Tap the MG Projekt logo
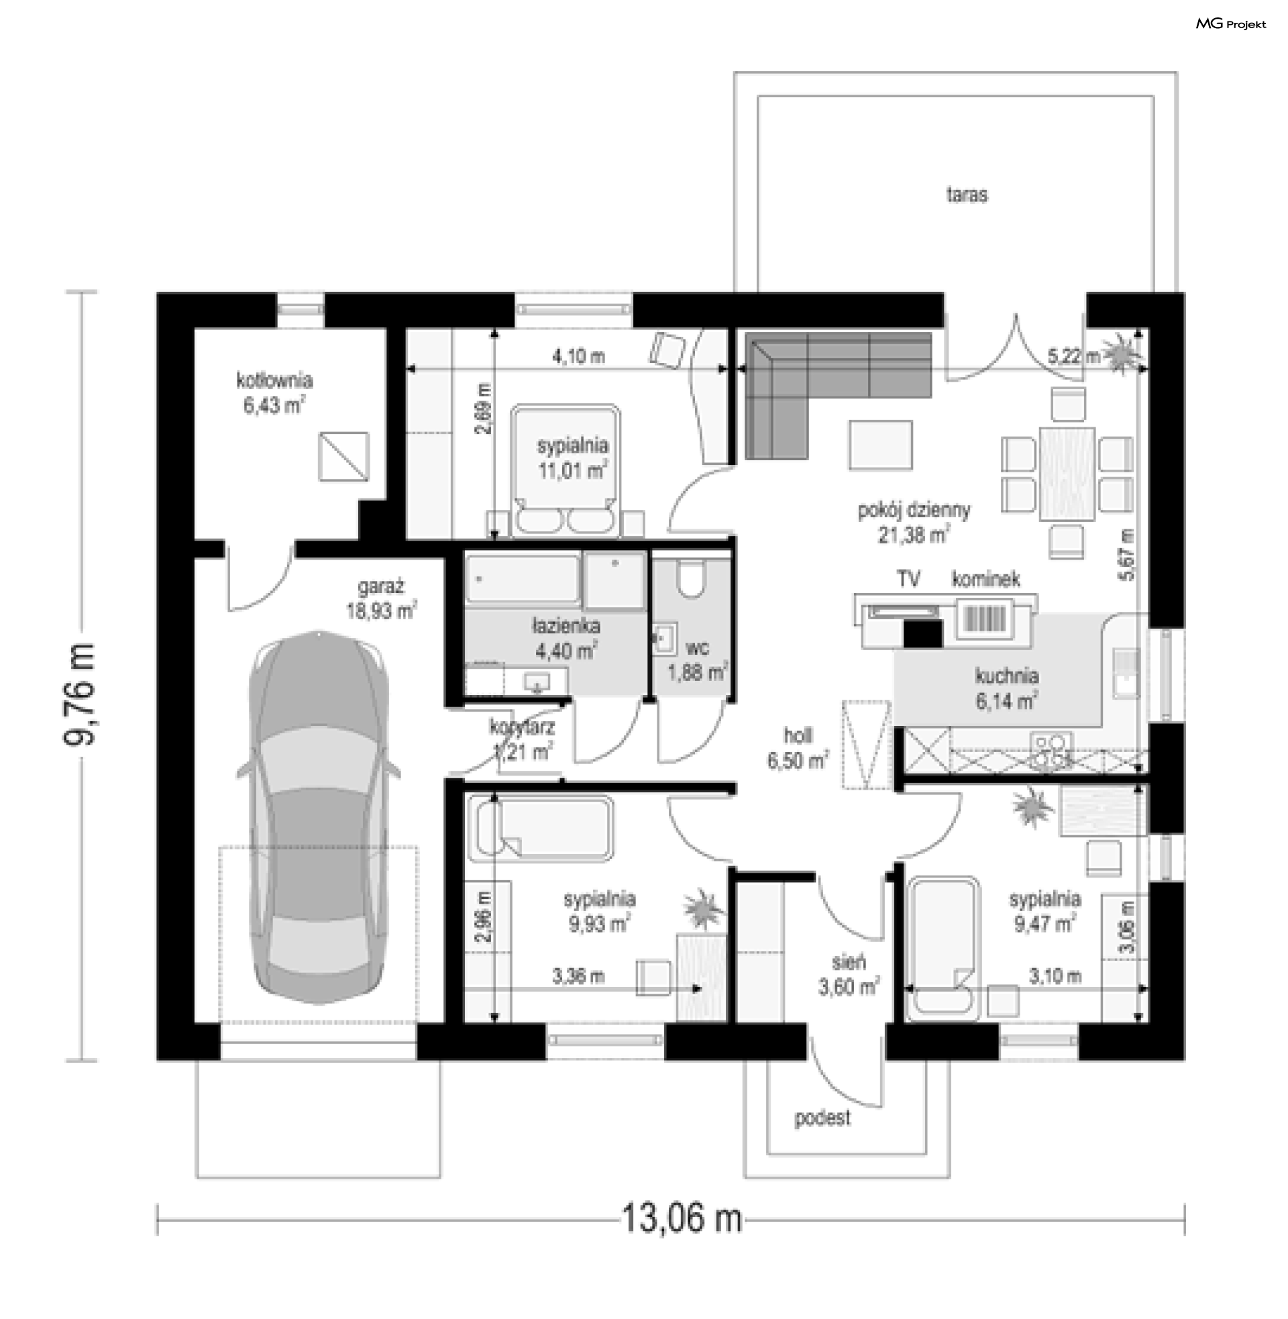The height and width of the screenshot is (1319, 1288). (x=1230, y=24)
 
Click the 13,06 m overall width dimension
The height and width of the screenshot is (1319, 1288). (x=681, y=1218)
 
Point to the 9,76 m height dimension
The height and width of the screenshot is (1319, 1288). (x=80, y=694)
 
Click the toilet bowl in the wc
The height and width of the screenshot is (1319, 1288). (x=691, y=578)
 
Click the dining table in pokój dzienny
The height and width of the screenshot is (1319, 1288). (x=1067, y=474)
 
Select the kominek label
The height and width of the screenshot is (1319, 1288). (x=985, y=579)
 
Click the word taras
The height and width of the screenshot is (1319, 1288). (x=967, y=195)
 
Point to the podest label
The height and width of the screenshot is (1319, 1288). (x=822, y=1118)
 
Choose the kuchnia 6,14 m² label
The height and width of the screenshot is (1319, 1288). (x=1007, y=688)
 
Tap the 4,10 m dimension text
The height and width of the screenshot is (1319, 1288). (x=578, y=356)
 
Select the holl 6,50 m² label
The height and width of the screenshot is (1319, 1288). (x=798, y=748)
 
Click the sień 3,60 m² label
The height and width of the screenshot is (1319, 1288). (x=849, y=974)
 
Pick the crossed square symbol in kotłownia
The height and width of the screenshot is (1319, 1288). (x=343, y=457)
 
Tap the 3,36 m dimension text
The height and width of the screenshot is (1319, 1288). (x=578, y=976)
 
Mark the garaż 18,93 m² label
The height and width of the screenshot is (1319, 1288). (x=382, y=598)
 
